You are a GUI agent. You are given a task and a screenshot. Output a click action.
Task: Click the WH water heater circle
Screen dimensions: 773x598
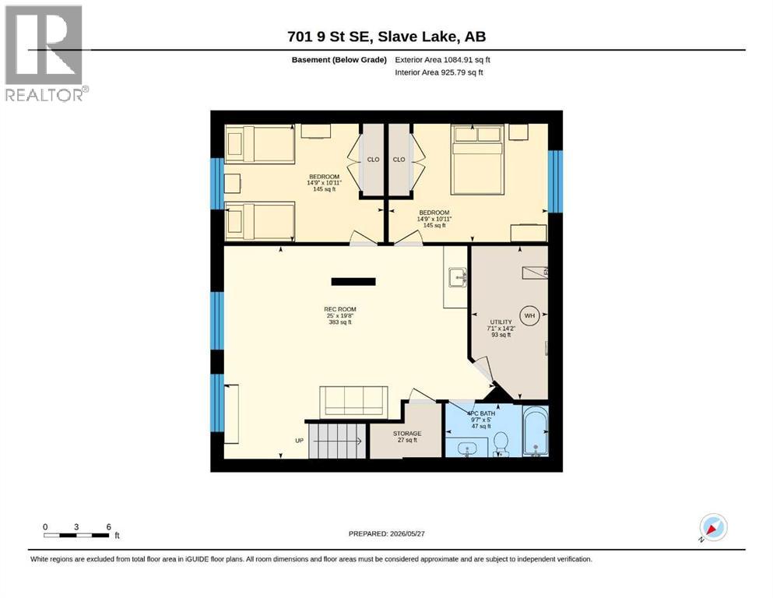click(529, 315)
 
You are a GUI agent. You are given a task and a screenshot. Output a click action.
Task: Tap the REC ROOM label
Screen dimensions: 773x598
click(340, 310)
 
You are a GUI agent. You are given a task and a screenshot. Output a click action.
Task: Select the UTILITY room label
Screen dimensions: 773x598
click(501, 322)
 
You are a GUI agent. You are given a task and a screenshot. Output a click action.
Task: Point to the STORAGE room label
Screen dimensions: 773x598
click(407, 434)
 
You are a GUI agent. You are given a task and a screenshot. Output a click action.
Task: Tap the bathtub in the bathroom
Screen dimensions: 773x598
click(536, 431)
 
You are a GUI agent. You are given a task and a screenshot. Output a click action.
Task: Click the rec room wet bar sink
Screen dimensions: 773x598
click(458, 277)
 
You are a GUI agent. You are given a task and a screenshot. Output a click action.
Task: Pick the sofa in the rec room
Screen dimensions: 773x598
click(353, 401)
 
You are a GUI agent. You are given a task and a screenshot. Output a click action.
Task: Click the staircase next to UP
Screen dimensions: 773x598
click(338, 441)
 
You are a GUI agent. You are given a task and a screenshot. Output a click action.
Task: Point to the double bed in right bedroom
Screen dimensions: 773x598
click(478, 160)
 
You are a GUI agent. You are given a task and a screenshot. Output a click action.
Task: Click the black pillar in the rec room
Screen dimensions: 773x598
click(353, 282)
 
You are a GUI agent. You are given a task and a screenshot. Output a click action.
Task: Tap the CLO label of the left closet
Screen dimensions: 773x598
click(373, 160)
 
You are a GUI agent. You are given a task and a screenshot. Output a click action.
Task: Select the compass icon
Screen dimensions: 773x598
click(713, 528)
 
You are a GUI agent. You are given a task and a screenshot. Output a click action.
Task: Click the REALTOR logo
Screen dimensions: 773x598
click(45, 53)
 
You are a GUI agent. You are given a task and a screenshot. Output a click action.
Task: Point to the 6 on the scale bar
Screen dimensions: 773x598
click(108, 527)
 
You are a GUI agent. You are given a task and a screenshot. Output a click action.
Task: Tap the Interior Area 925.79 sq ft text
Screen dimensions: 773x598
click(439, 72)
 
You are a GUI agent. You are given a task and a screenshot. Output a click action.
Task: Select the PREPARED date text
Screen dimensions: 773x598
click(386, 534)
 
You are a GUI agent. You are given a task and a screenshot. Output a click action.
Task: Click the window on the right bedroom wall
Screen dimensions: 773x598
click(556, 181)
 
